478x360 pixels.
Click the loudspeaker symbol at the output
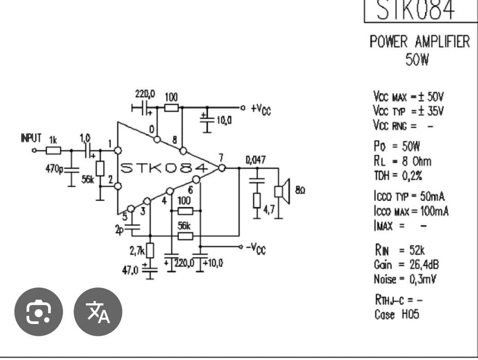pos(282,192)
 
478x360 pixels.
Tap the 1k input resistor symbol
pos(53,150)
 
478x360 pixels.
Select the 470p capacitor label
pos(54,168)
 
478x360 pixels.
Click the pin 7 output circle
pos(222,168)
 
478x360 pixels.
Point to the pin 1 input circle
pos(118,150)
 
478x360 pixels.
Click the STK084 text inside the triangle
pos(164,168)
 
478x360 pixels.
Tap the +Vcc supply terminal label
pos(261,109)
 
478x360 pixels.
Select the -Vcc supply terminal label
pos(256,248)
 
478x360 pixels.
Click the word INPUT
pos(31,138)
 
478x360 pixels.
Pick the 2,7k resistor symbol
pos(150,250)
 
